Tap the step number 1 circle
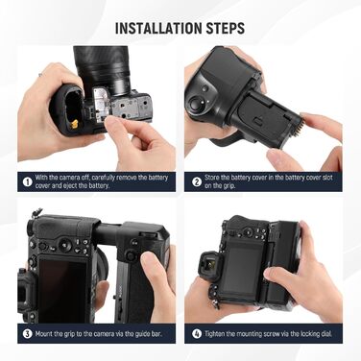click(x=27, y=180)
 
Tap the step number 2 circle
click(x=196, y=180)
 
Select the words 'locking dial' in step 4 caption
click(x=313, y=336)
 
